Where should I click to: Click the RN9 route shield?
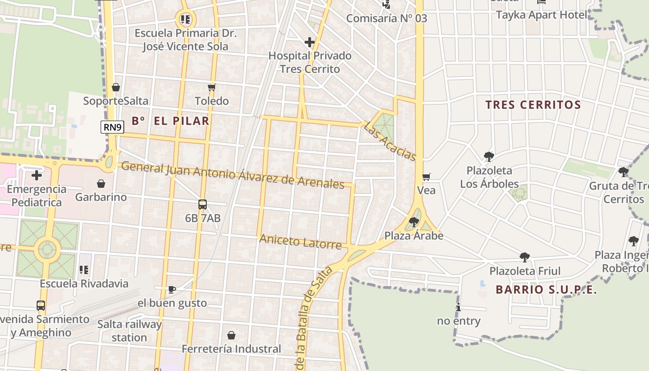tap(113, 127)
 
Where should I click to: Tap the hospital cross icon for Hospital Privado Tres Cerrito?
tap(310, 43)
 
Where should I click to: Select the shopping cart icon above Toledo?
tap(212, 87)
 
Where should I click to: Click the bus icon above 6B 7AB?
tap(203, 204)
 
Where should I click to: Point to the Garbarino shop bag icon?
tap(101, 184)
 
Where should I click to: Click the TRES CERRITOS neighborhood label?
tap(533, 105)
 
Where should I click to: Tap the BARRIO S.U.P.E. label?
tap(546, 290)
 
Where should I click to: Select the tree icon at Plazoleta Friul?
tap(525, 257)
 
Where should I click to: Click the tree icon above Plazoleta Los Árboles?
tap(489, 157)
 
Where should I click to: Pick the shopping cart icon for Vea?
tap(426, 177)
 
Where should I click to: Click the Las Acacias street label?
tap(390, 141)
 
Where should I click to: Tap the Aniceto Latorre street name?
tap(300, 241)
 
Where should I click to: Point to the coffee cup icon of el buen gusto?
tap(172, 290)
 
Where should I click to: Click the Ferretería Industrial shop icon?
tap(231, 335)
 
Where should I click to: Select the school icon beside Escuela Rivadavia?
tap(84, 269)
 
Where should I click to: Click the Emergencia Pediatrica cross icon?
tap(37, 175)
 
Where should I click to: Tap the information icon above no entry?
tap(458, 307)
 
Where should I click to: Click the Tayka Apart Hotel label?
tap(541, 15)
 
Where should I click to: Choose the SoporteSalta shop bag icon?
tap(116, 87)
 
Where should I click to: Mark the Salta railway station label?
tap(129, 331)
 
